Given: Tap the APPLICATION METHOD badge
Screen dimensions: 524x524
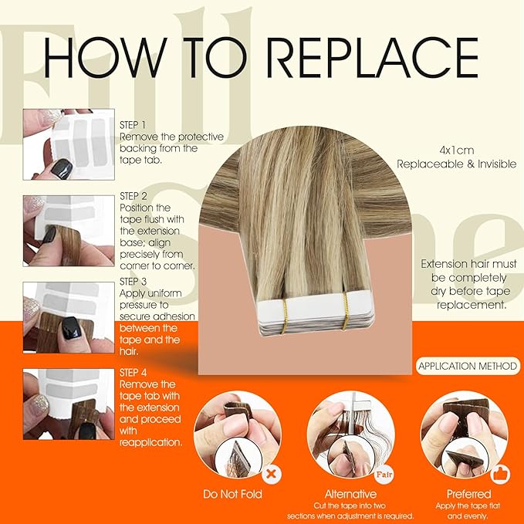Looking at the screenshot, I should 468,367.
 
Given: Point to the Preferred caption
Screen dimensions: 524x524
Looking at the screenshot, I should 468,494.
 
